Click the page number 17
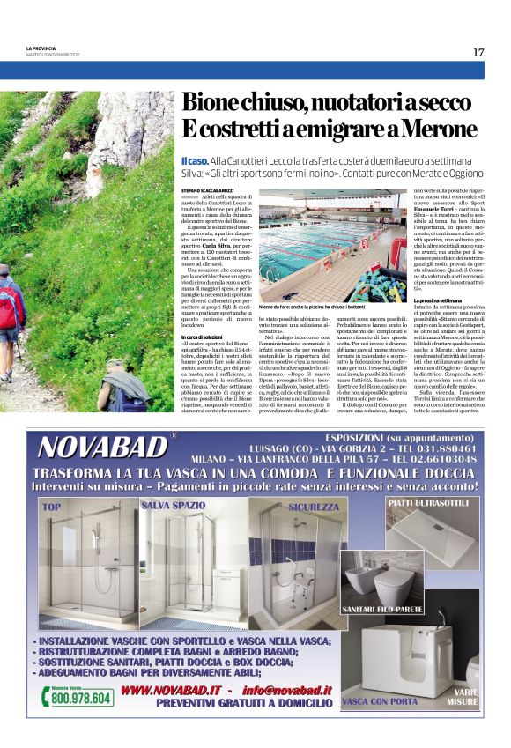point(478,52)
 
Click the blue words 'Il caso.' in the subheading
point(195,159)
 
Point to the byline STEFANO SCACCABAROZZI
point(211,189)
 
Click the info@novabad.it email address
point(285,690)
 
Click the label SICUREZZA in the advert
point(311,507)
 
